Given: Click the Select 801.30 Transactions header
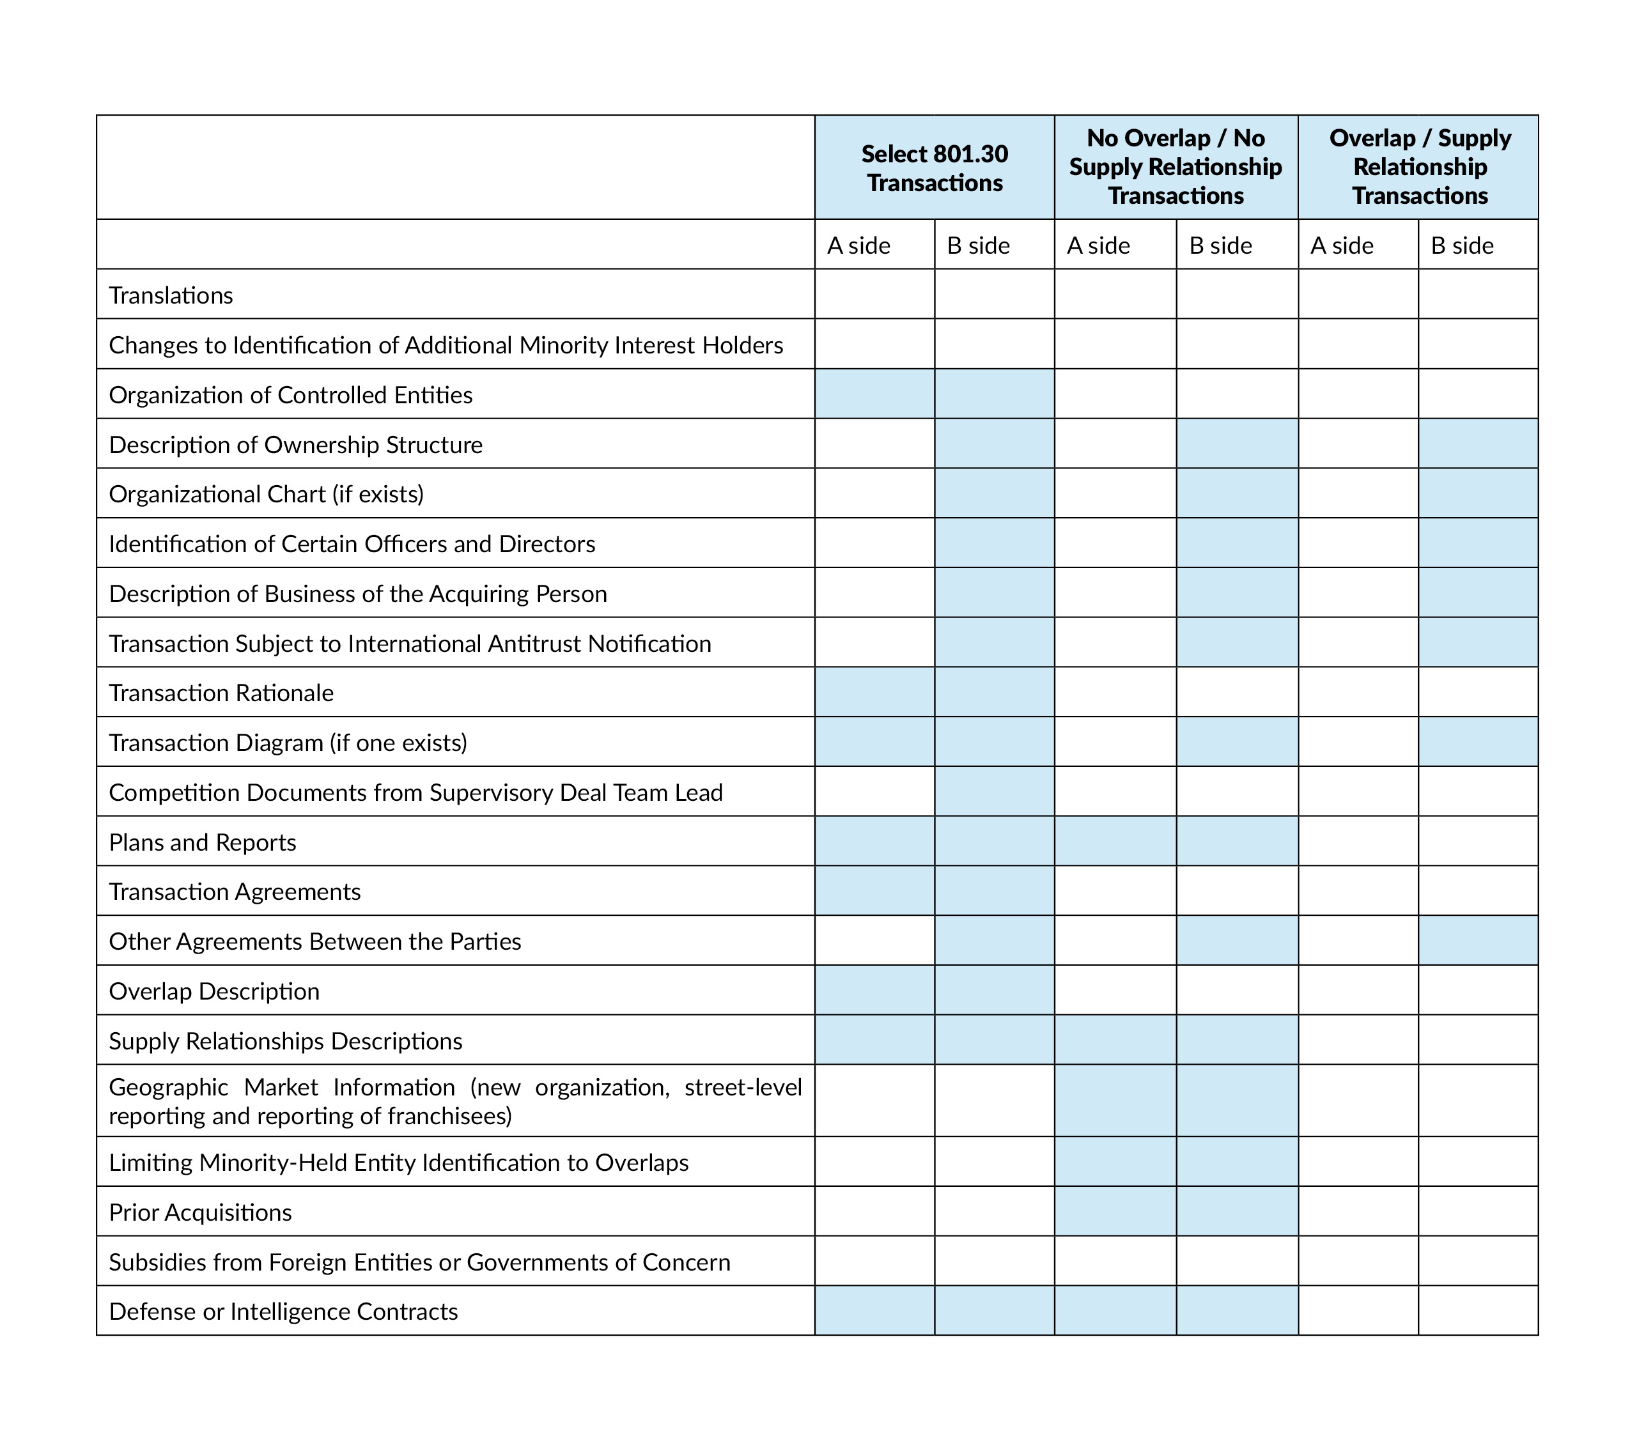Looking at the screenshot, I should pos(934,167).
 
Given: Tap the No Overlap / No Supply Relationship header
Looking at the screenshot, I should pos(1176,167).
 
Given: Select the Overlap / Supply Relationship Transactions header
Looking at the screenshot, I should pos(1420,167).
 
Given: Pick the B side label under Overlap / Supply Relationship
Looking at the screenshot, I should pos(1462,245).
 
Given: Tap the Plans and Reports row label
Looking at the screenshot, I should pos(202,842).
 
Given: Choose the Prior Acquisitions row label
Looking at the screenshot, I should pos(200,1212).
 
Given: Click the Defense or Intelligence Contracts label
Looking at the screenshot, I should pos(283,1311).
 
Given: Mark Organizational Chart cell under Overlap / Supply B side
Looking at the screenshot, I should pos(1478,493).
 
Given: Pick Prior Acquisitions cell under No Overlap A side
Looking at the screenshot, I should pos(1115,1211).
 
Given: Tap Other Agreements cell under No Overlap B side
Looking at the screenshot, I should pos(1237,941).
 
